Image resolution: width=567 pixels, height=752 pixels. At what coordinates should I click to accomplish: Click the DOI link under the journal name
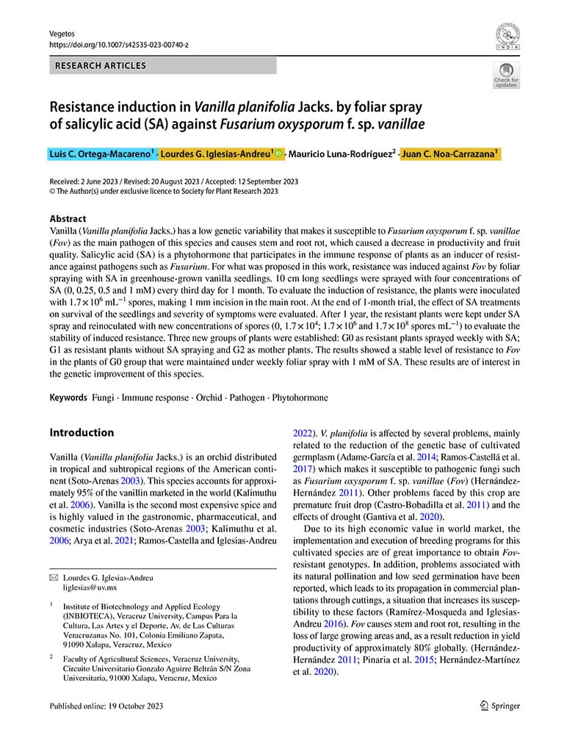(118, 45)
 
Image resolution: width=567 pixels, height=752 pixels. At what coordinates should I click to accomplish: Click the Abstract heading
(68, 219)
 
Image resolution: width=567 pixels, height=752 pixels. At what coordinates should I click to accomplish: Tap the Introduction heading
(82, 433)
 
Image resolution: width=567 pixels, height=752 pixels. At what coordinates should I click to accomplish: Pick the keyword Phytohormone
(300, 397)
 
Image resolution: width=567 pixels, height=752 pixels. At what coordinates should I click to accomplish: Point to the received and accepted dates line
(173, 181)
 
